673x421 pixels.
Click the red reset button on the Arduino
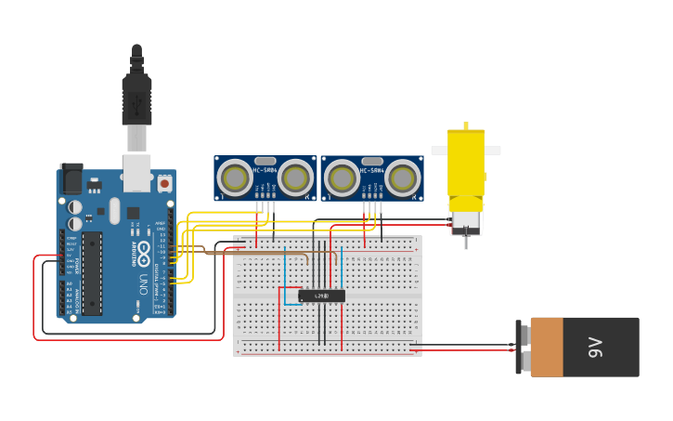(x=164, y=183)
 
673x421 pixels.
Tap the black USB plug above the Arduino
(x=136, y=99)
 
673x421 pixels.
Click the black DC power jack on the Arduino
(x=71, y=178)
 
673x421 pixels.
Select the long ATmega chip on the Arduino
(x=91, y=272)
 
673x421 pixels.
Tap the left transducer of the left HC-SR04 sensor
(x=234, y=178)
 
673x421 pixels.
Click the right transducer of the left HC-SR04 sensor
(x=296, y=178)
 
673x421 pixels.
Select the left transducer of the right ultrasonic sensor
(x=341, y=178)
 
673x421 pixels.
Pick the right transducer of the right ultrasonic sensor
(x=403, y=178)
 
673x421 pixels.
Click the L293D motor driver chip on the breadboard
(x=321, y=296)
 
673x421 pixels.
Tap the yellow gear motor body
(x=466, y=163)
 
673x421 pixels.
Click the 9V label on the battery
(x=594, y=348)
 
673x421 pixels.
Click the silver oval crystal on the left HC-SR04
(x=265, y=161)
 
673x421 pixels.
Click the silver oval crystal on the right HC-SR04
(x=372, y=161)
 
